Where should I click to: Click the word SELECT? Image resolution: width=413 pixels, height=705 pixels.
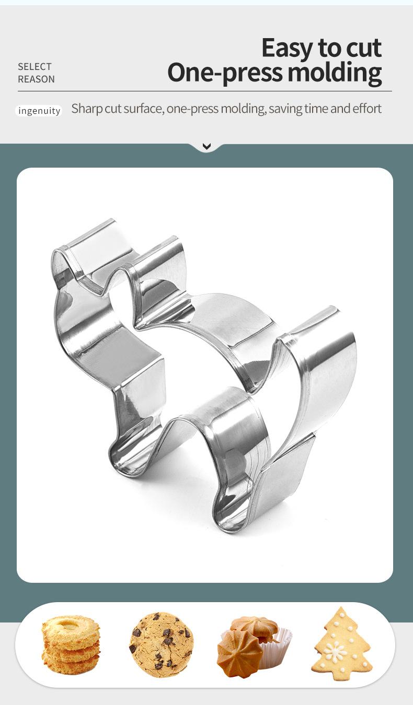coord(35,67)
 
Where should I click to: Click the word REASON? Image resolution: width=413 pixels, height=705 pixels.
coord(36,79)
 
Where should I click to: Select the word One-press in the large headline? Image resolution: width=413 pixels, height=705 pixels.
coord(225,73)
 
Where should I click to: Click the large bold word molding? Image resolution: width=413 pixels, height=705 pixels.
coord(335,73)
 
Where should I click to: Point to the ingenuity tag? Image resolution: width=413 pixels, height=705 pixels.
coord(39,111)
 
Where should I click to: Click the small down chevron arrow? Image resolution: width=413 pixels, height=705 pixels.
coord(206,146)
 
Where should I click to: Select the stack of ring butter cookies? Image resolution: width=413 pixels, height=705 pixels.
coord(71,645)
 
